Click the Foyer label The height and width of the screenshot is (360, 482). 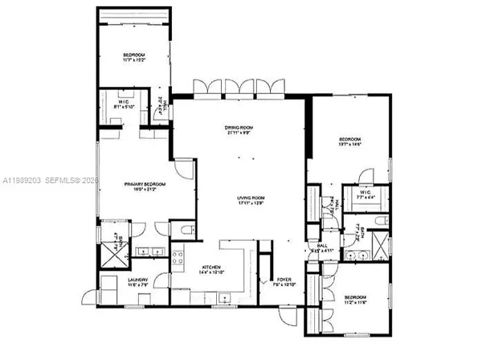click(285, 281)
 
